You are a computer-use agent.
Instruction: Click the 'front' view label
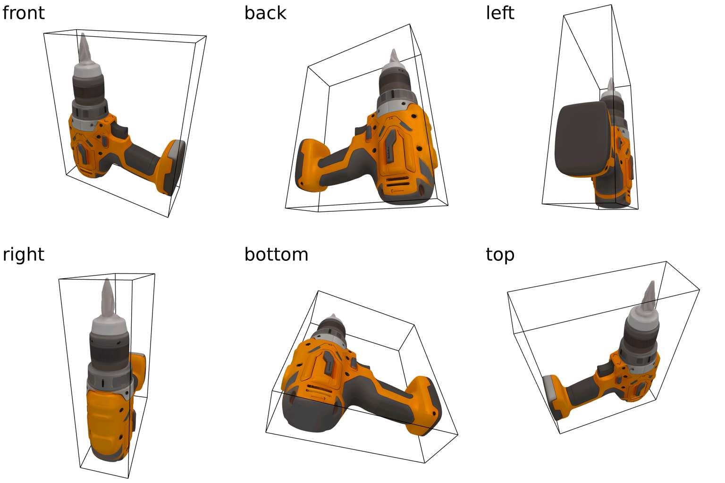(23, 13)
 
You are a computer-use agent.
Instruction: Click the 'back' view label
(265, 13)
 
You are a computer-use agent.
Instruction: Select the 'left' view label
(500, 13)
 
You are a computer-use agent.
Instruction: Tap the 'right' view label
(23, 255)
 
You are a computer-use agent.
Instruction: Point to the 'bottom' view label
(276, 255)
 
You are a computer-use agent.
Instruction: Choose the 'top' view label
(500, 255)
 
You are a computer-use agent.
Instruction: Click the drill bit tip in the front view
(83, 33)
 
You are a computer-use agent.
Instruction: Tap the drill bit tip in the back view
(394, 50)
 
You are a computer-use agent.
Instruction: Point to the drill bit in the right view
(108, 298)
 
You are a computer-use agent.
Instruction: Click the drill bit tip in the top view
(653, 282)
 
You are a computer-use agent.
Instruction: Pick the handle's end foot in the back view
(310, 166)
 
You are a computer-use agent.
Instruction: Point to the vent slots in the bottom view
(320, 391)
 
